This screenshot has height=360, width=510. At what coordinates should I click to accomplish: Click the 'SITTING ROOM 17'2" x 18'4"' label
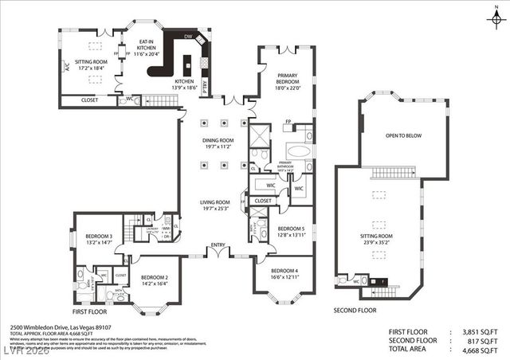[x=91, y=64]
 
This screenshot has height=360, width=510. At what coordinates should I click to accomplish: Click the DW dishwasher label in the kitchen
[x=188, y=37]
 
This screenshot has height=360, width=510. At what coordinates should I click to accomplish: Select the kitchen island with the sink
[x=189, y=64]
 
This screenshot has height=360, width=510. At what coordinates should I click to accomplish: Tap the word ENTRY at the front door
[x=218, y=245]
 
